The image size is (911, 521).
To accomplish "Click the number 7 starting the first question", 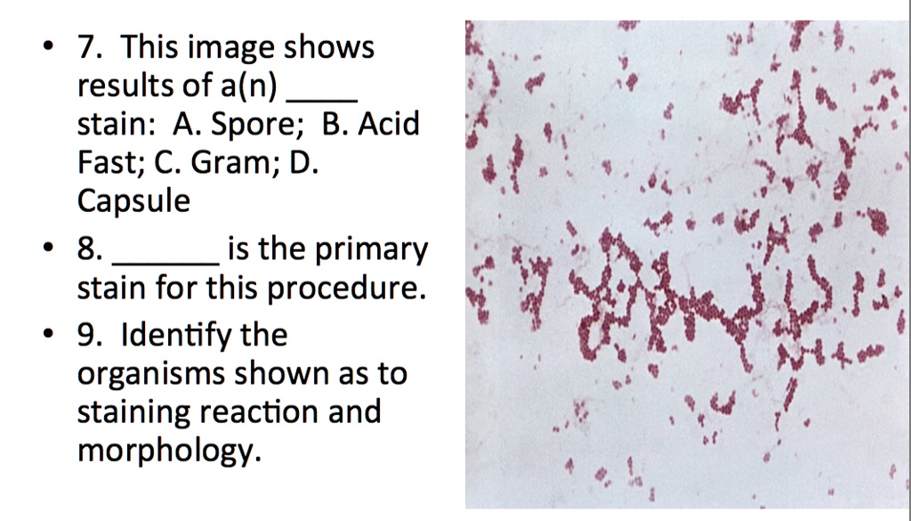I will (85, 47).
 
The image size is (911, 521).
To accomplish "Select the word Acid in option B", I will (389, 125).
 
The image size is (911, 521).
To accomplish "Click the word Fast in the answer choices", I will (107, 164).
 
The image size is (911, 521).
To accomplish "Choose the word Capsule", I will (133, 202).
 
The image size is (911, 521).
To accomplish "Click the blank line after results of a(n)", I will (326, 96).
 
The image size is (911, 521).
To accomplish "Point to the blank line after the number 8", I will (169, 264).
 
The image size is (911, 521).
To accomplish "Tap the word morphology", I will (169, 452).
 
